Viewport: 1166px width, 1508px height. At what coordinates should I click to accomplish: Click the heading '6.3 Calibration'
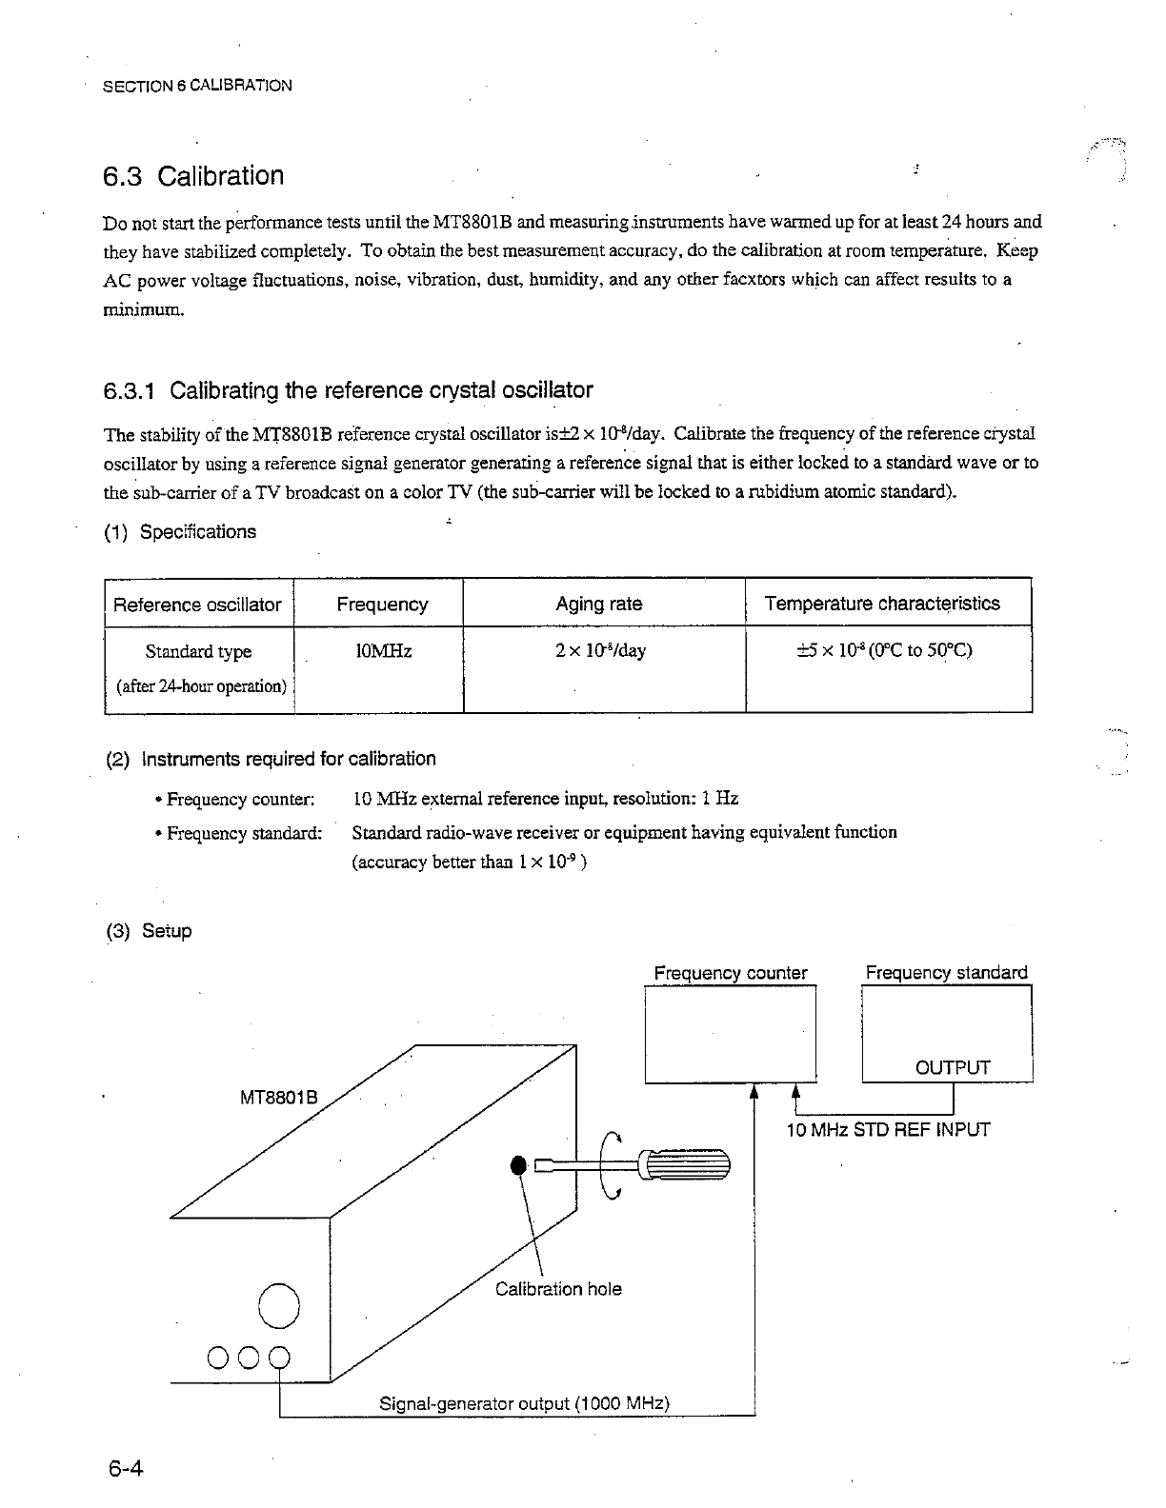(x=193, y=176)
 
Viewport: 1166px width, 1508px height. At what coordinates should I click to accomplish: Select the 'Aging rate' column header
(x=598, y=604)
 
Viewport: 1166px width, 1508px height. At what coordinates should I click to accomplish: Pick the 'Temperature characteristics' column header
(x=882, y=604)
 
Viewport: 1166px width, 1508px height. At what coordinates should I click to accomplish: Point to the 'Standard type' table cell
(x=198, y=652)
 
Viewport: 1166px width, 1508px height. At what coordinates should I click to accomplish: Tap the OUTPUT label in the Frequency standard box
(x=953, y=1067)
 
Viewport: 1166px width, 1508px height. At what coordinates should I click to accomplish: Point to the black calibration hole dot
(x=518, y=1165)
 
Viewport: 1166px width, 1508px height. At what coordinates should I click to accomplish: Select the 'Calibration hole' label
(x=558, y=1289)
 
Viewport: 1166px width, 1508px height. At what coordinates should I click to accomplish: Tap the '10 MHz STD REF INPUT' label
(x=888, y=1130)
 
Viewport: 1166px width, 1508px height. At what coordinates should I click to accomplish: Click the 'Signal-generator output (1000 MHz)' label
(x=525, y=1404)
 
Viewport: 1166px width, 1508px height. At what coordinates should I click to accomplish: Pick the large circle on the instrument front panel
(x=279, y=1304)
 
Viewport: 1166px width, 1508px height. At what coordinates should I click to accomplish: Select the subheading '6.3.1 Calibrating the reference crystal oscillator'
(x=348, y=390)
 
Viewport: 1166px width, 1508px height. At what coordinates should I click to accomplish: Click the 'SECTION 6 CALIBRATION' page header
(x=196, y=86)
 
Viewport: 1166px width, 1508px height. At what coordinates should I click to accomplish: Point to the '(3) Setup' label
(x=149, y=931)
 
